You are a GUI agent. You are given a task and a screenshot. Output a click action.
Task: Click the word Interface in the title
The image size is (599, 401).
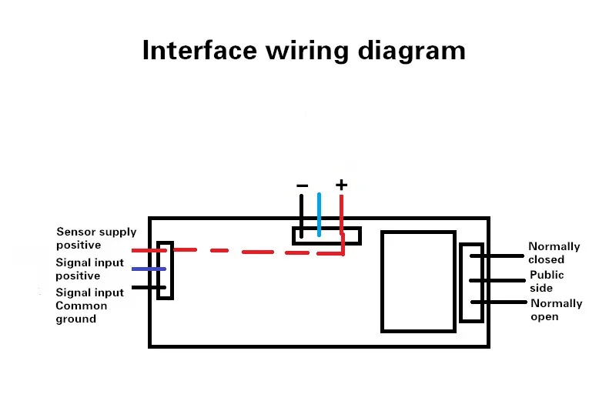tap(199, 50)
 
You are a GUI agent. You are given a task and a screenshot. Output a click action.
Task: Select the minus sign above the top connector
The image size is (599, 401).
tap(302, 185)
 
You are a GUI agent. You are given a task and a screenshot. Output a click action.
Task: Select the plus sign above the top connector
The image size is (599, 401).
tap(342, 185)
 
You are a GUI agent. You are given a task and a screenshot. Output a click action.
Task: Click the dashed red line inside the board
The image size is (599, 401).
tap(254, 251)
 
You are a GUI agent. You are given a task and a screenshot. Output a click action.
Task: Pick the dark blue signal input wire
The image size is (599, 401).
tap(148, 269)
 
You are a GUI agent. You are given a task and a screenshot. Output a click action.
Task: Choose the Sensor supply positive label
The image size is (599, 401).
tap(96, 239)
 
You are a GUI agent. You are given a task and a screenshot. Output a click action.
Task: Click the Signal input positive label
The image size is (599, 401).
tap(89, 269)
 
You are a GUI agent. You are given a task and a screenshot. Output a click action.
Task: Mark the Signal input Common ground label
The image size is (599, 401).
tap(89, 306)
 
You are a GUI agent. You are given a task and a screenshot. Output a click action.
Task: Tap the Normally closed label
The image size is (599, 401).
tap(554, 253)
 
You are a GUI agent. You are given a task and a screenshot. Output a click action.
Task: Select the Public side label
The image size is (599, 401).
tap(547, 281)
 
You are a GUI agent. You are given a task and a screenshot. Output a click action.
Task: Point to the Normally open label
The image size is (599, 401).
tap(555, 309)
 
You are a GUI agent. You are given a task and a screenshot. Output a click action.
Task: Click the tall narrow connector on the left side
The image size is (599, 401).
tap(164, 270)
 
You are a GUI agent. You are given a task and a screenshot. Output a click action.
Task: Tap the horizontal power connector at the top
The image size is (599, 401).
tap(326, 236)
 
